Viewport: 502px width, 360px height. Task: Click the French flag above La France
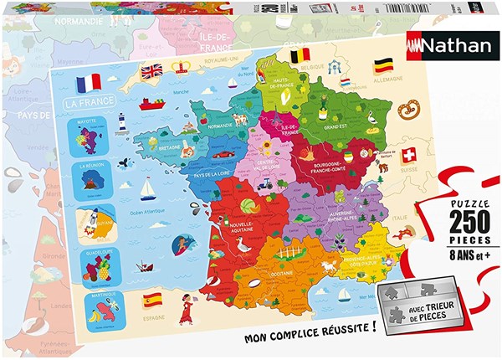88,83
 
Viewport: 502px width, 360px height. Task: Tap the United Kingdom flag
151,72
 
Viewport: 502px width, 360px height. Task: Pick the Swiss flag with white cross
408,156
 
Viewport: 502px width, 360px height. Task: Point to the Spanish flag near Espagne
152,298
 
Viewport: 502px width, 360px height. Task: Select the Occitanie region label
276,274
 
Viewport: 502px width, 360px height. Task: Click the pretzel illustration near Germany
409,109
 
